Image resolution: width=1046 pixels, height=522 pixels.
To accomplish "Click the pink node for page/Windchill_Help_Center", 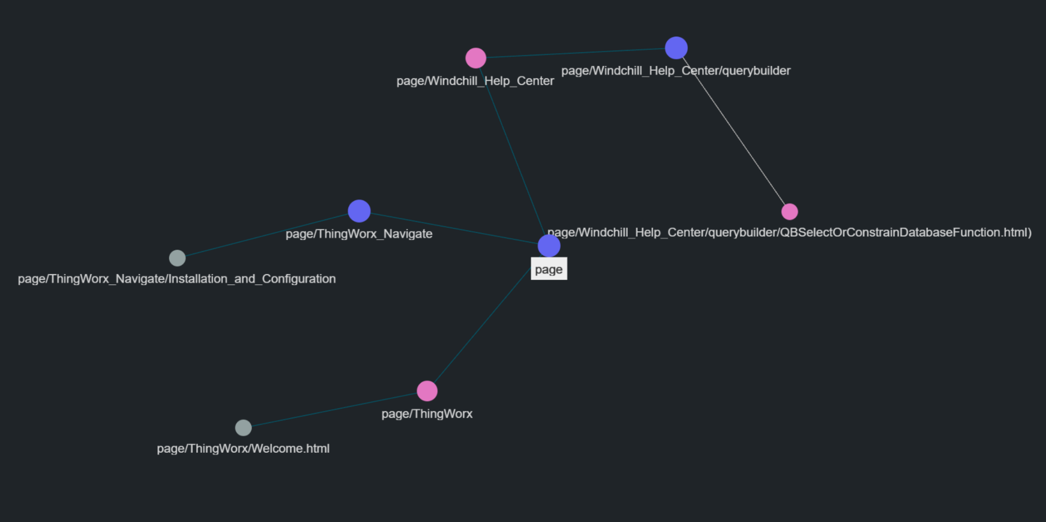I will click(476, 58).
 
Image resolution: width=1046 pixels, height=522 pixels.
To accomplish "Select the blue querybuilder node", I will click(676, 48).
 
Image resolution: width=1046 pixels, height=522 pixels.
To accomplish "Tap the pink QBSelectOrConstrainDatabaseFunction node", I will click(789, 212).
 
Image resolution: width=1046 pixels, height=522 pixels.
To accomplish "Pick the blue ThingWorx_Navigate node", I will click(359, 211).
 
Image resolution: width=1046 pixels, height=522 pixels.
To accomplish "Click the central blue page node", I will click(549, 246).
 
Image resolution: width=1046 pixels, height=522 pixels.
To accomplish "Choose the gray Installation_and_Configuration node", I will click(177, 258).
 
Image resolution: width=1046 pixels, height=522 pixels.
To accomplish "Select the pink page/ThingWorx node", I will click(427, 391).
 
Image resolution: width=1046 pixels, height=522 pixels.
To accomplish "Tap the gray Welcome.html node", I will click(243, 428).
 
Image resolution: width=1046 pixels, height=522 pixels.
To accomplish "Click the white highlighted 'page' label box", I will click(549, 269).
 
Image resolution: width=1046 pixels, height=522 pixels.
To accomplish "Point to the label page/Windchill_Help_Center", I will click(475, 81).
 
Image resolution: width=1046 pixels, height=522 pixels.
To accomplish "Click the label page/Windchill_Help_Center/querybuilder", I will click(675, 71).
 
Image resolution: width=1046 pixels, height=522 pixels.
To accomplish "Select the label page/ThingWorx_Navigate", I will click(359, 234).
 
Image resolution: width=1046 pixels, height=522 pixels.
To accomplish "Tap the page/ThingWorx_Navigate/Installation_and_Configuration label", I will click(177, 279).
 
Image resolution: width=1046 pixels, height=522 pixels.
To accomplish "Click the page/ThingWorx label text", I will click(427, 414).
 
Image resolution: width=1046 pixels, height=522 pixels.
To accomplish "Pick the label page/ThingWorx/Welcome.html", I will click(243, 448).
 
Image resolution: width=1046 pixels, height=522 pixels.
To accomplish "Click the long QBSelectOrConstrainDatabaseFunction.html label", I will click(789, 232).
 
